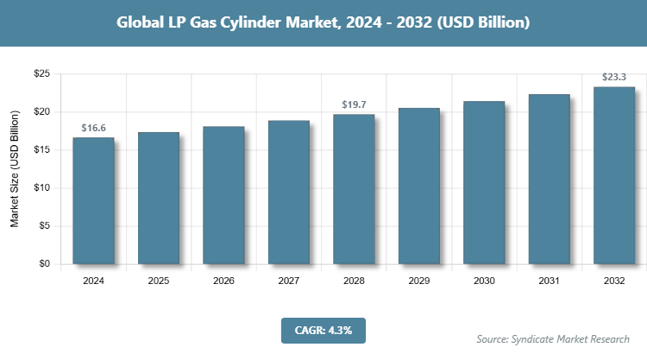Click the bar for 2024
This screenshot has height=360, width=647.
(x=93, y=200)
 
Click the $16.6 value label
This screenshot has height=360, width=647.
(x=93, y=128)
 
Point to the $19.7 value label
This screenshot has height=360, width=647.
(x=354, y=104)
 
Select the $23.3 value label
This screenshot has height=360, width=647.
(x=614, y=77)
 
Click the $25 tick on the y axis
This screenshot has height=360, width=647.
(x=41, y=74)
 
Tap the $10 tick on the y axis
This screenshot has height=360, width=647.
(x=41, y=188)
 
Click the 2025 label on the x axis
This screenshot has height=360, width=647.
(x=159, y=281)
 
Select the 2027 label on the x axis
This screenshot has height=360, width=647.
(x=289, y=281)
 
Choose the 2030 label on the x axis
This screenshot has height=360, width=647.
(x=484, y=281)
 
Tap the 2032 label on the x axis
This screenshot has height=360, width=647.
(x=614, y=281)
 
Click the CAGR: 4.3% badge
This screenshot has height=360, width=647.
(x=323, y=330)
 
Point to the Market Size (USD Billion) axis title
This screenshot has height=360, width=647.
(x=15, y=169)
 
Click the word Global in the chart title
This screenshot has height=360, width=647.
(x=142, y=22)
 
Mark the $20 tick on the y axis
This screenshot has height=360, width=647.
(x=41, y=112)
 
